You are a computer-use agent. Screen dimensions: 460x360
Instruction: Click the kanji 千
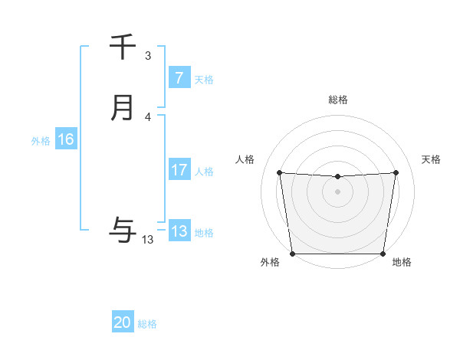(x=123, y=47)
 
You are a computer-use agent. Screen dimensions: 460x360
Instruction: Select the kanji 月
(x=123, y=108)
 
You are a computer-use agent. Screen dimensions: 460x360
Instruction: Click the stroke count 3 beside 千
(x=148, y=56)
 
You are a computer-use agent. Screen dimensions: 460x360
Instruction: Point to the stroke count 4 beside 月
(x=148, y=117)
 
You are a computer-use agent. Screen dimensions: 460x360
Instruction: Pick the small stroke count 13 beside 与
(x=148, y=240)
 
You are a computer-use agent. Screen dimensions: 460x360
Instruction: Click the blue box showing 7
(x=179, y=78)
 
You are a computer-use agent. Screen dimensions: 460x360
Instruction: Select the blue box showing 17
(x=179, y=170)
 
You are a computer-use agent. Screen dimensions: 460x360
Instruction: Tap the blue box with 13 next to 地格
(x=179, y=231)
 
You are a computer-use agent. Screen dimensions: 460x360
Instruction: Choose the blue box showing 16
(x=66, y=139)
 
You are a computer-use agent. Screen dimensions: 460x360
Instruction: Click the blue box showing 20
(x=123, y=322)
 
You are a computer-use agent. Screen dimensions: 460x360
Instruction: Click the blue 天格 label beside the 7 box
(x=204, y=79)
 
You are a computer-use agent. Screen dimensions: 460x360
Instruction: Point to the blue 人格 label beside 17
(x=204, y=171)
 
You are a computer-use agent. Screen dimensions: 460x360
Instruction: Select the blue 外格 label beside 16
(x=41, y=140)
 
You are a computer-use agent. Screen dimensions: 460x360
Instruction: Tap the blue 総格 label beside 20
(x=148, y=323)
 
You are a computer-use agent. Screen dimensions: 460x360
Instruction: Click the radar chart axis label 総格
(x=337, y=100)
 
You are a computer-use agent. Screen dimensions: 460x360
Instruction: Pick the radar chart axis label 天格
(x=432, y=159)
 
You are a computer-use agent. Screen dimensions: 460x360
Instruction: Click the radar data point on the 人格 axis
(x=280, y=173)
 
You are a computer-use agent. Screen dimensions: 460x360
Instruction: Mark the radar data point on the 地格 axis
(x=383, y=254)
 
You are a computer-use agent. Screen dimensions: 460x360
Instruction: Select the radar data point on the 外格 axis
(x=292, y=254)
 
